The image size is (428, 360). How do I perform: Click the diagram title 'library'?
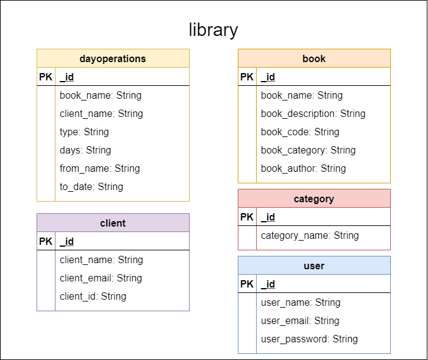[x=213, y=30]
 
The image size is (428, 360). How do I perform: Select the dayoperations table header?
[x=113, y=58]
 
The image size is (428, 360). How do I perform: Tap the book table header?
[x=314, y=58]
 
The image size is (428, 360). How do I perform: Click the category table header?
[x=314, y=199]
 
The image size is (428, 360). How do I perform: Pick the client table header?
[x=113, y=223]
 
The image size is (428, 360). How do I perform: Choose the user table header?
[x=314, y=266]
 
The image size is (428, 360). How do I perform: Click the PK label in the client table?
[x=46, y=241]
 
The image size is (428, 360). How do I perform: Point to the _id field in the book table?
[x=268, y=77]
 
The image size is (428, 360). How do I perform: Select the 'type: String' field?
[x=84, y=132]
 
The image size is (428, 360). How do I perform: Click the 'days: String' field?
[x=85, y=150]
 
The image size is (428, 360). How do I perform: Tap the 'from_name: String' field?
[x=99, y=168]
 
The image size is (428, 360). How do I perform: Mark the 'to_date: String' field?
[x=91, y=186]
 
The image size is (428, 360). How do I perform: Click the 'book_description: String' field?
[x=313, y=113]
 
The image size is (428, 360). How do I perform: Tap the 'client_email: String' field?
[x=101, y=278]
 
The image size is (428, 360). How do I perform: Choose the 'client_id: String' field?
[x=93, y=296]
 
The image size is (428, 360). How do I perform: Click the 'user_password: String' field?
[x=309, y=339]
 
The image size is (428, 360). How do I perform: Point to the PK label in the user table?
[x=247, y=284]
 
